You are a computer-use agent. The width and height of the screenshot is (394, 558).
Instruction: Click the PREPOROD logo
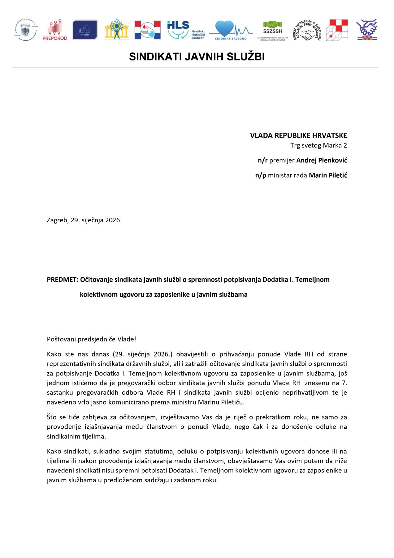[x=55, y=30]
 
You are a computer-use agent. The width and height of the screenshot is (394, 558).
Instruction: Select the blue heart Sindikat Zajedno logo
[x=231, y=30]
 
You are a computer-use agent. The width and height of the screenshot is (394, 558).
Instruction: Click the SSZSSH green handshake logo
[x=272, y=30]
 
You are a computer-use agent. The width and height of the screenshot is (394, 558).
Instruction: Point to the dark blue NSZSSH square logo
[x=84, y=30]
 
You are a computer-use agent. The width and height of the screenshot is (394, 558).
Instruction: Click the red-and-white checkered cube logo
[x=337, y=30]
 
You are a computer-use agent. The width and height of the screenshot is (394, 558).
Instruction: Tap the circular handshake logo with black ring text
[x=306, y=30]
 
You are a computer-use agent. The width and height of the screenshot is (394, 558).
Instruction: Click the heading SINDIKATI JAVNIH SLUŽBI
[x=197, y=57]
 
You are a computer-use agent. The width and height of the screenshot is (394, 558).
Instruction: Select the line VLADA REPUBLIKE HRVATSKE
[x=298, y=135]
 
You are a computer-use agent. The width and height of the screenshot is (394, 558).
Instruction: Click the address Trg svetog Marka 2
[x=318, y=145]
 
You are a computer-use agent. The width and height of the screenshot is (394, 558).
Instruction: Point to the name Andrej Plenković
[x=322, y=160]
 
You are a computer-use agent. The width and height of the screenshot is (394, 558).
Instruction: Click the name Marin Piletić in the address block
[x=328, y=175]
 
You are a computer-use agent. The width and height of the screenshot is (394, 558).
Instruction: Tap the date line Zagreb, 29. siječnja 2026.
[x=84, y=220]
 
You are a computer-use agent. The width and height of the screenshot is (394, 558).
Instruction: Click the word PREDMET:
[x=63, y=280]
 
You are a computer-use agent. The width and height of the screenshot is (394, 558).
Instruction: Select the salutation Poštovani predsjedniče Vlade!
[x=91, y=339]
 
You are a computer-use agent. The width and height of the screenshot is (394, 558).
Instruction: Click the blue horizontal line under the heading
[x=196, y=68]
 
